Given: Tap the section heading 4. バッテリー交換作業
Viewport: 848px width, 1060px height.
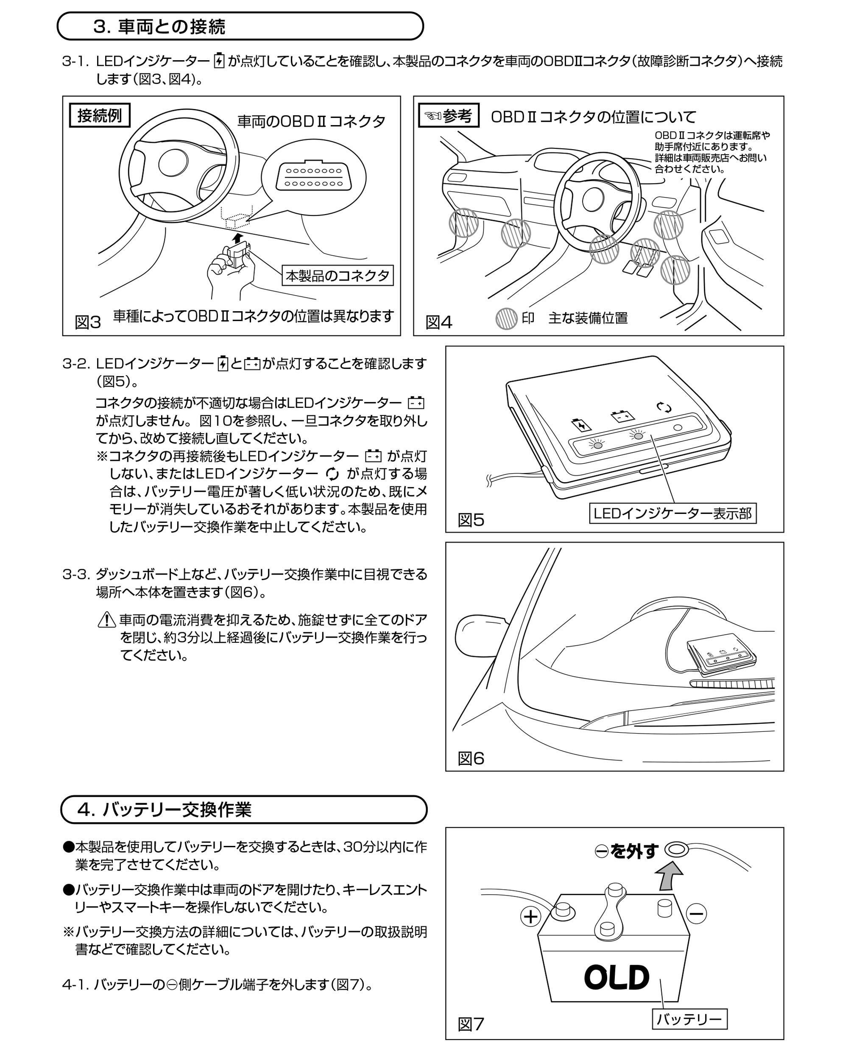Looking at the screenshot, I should coord(165,809).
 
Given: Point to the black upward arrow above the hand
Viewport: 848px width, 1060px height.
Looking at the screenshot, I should coord(238,238).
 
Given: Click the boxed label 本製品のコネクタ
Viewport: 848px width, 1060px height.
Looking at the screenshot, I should coord(338,275).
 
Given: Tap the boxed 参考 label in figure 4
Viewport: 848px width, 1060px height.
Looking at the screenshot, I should coord(448,116).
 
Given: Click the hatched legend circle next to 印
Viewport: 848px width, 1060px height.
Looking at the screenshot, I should coord(506,318).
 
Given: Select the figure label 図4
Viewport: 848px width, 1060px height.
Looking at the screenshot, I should coord(438,322).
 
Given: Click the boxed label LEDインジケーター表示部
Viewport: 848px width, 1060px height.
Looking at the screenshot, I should coord(672,513).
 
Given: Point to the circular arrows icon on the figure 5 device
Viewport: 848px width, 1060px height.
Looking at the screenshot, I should coord(664,407).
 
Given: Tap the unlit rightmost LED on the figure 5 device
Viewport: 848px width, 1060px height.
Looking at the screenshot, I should coord(678,428).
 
